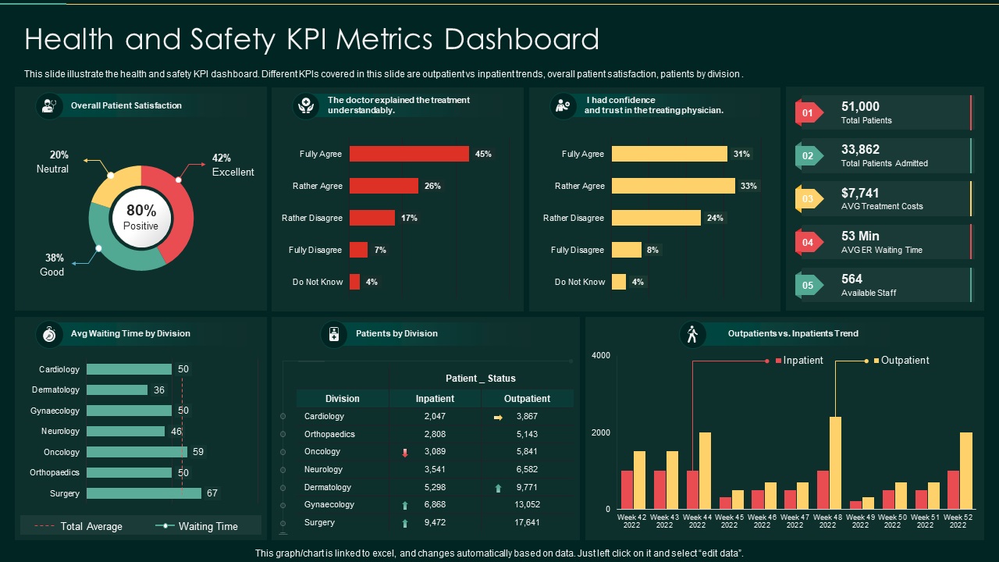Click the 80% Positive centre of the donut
[141, 217]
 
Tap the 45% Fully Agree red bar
[409, 154]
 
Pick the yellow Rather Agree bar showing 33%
[673, 186]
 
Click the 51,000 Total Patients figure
[860, 107]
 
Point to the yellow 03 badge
[808, 199]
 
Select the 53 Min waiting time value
[860, 236]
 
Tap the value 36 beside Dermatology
[159, 390]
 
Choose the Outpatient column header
[527, 399]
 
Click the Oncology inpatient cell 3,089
[435, 452]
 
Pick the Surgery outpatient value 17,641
[528, 523]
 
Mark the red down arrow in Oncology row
[404, 453]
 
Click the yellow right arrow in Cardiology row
[498, 418]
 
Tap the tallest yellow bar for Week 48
[835, 463]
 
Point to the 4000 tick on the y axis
[601, 356]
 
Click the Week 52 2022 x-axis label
[957, 521]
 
